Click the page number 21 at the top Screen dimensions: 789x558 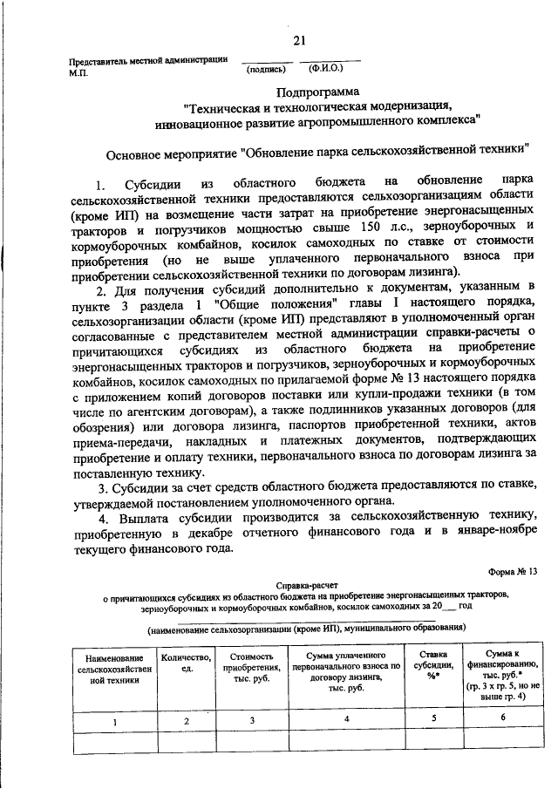click(299, 41)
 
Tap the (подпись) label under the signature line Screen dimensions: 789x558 click(265, 68)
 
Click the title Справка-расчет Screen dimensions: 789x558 click(305, 588)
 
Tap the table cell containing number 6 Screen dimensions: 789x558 click(502, 718)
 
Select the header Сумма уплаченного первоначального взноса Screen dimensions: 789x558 click(346, 669)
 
